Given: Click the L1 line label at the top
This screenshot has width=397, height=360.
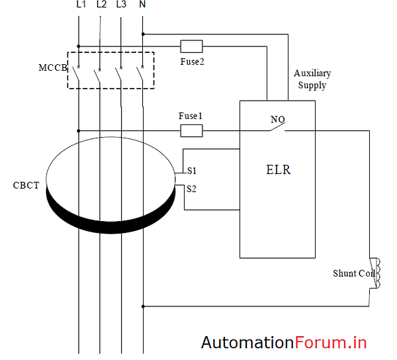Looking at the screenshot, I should [80, 5].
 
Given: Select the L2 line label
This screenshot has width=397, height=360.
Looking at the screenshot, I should [101, 5].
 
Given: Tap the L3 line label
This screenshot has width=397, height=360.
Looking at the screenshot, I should [121, 5].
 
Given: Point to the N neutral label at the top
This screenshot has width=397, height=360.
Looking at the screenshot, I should [142, 5].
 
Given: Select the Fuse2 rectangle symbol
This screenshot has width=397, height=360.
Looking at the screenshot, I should [191, 46].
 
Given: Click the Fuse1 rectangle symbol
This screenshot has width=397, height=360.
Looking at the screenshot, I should [191, 131].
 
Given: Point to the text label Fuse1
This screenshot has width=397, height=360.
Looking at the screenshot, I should [191, 116].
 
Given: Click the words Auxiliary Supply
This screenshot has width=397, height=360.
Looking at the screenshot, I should [312, 79].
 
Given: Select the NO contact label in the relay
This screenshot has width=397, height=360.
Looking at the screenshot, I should [277, 120].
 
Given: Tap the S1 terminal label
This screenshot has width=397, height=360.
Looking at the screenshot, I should [191, 171].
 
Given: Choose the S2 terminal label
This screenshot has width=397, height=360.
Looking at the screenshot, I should [191, 189].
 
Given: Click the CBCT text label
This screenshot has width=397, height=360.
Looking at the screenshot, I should [26, 185].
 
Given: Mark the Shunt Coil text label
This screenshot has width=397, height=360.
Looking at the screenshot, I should [353, 273].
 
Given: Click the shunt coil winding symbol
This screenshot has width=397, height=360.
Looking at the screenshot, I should [378, 273].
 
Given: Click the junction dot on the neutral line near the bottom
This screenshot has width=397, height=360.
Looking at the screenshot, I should [144, 306].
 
